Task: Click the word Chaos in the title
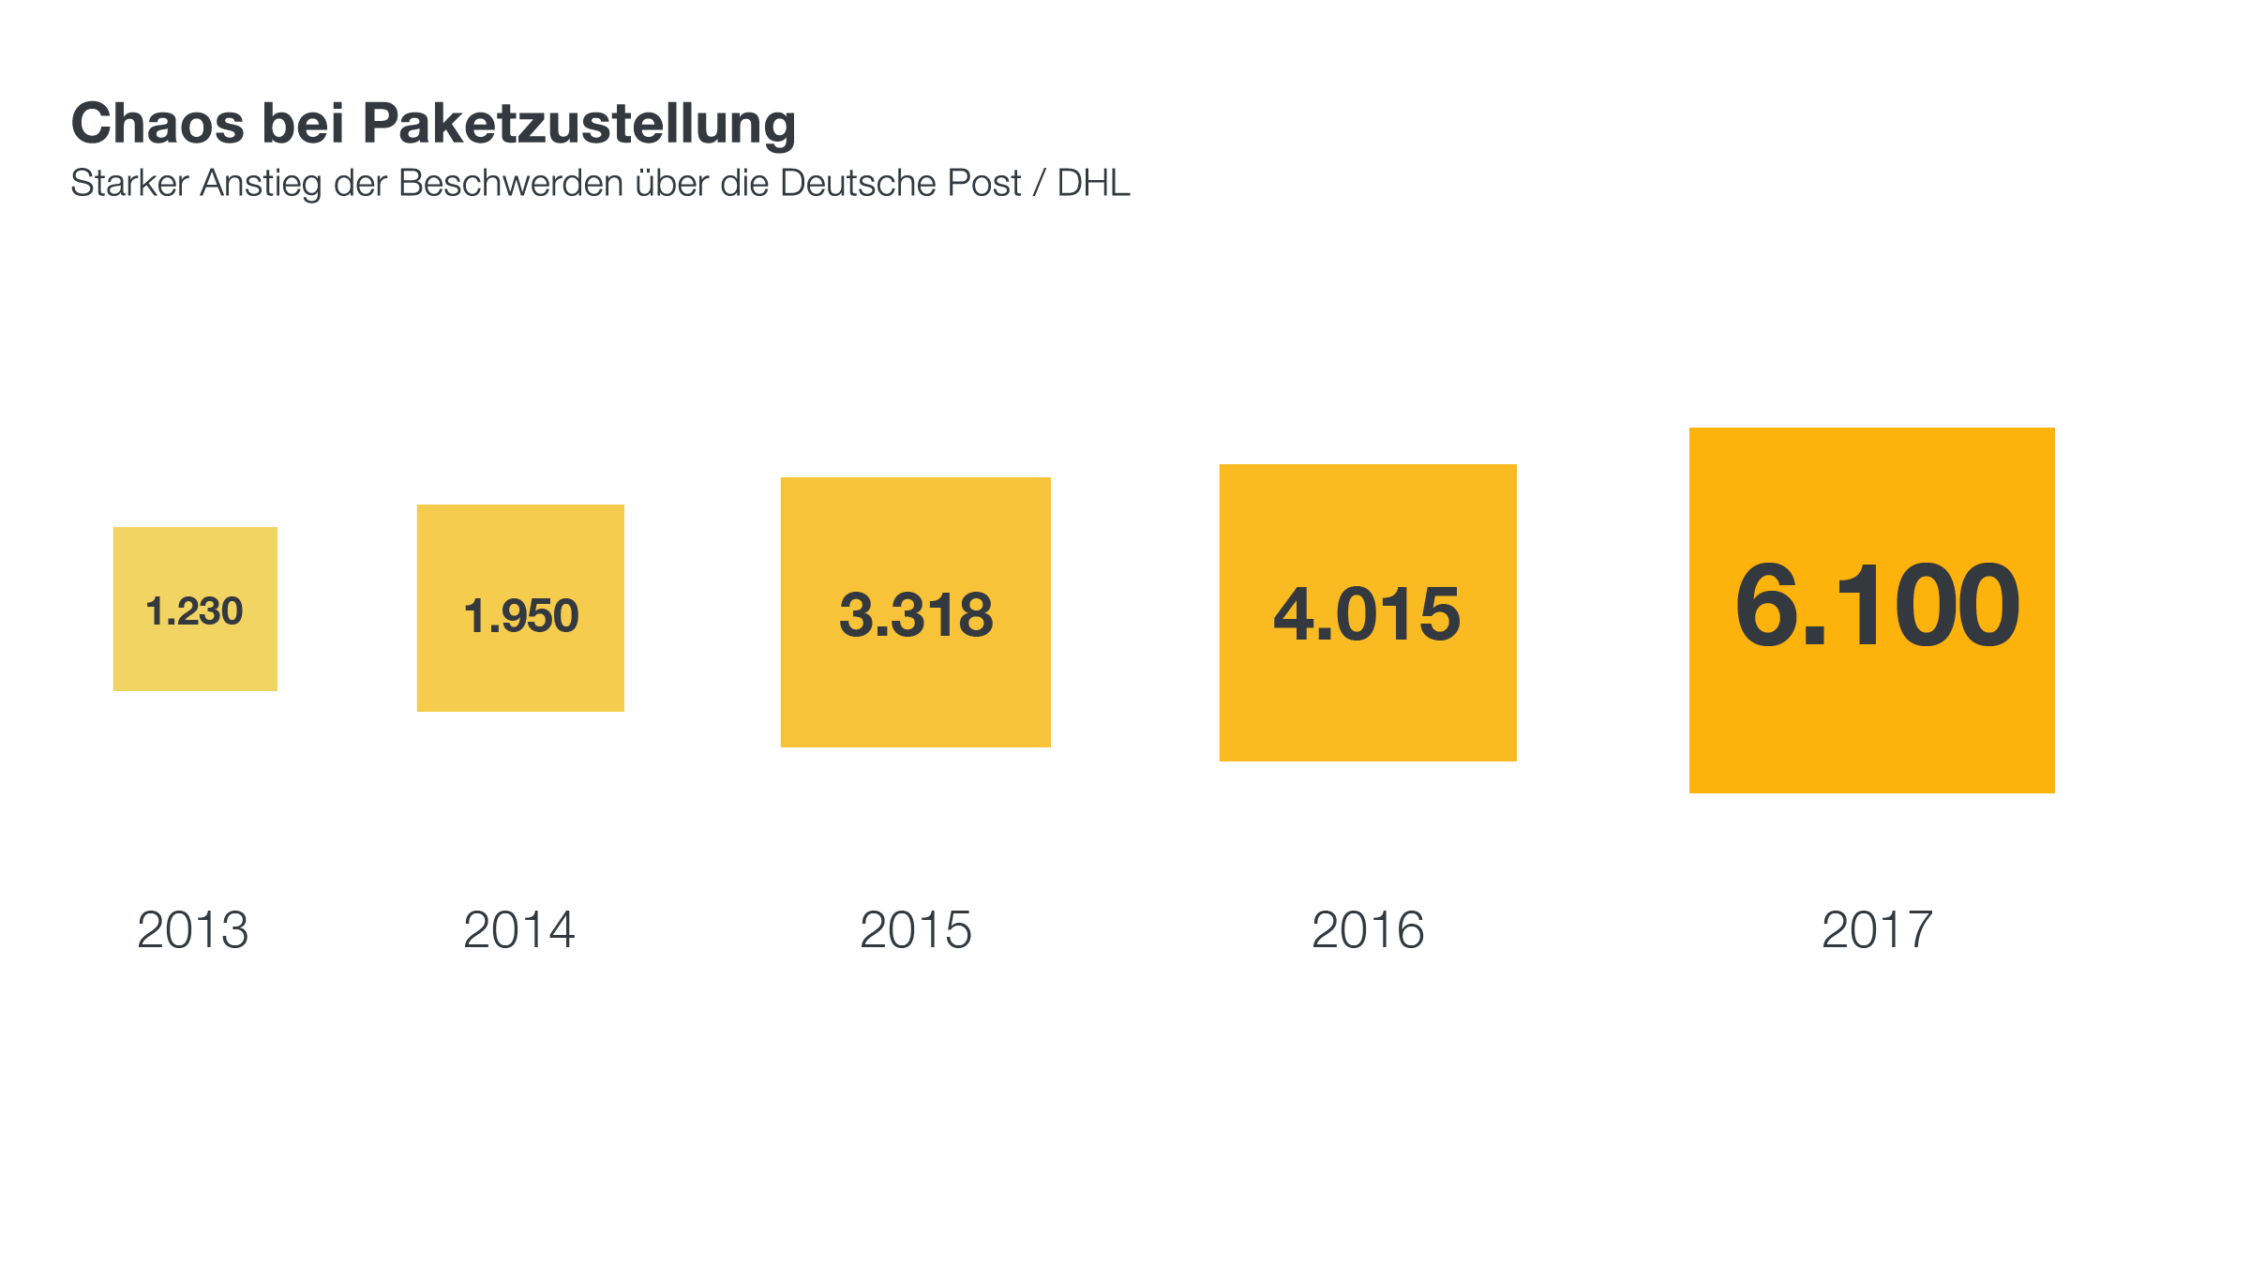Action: click(157, 124)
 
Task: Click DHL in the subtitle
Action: click(1093, 184)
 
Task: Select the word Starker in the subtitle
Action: click(130, 184)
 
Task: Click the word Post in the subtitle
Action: click(984, 184)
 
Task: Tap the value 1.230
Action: click(194, 611)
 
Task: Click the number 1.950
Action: click(521, 616)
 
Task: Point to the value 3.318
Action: click(916, 615)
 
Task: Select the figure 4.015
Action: click(1367, 614)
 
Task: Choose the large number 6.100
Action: click(1877, 606)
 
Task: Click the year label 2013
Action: click(193, 930)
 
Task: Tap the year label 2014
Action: click(519, 930)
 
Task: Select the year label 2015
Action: click(916, 930)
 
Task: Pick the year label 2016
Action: click(1368, 930)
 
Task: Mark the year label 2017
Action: click(1877, 930)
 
